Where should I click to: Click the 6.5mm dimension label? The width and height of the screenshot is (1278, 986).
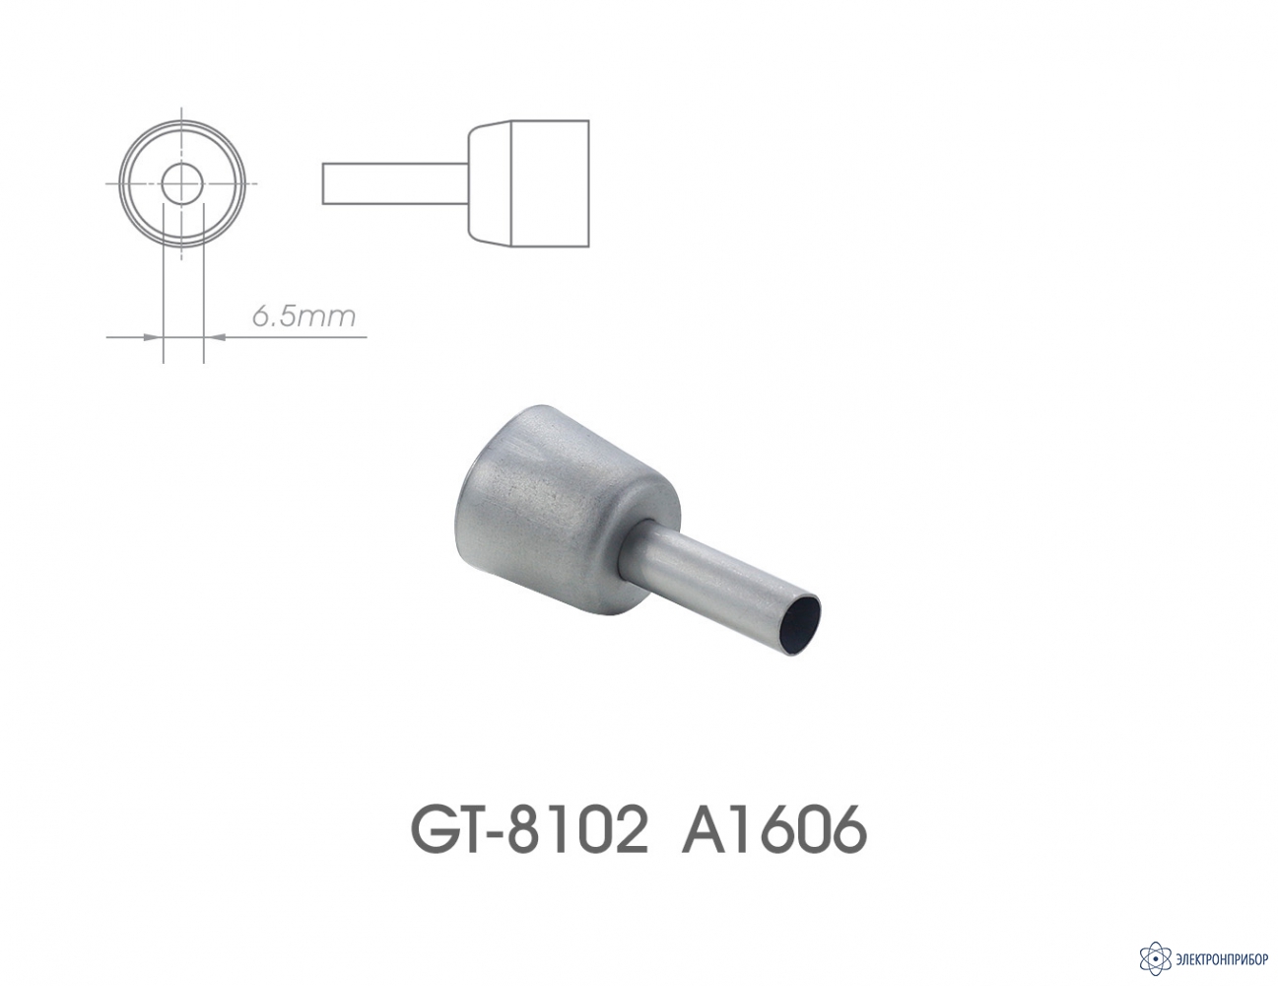tap(304, 317)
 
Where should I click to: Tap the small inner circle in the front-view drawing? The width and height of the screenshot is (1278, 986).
tap(182, 184)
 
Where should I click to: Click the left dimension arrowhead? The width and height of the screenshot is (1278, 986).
tap(153, 337)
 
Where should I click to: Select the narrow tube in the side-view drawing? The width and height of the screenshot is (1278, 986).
tap(395, 184)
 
